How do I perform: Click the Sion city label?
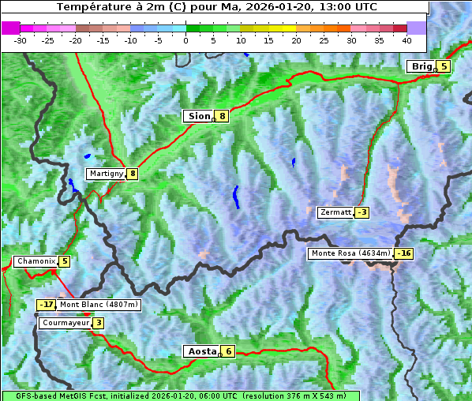(x=199, y=116)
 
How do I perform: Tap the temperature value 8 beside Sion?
(x=223, y=116)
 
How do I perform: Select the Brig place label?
(x=421, y=66)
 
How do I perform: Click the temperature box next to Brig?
(x=444, y=66)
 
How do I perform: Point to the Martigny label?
(x=106, y=174)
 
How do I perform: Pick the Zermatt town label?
(x=335, y=212)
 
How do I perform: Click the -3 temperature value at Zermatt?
(x=361, y=212)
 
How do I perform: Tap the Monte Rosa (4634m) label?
(x=350, y=253)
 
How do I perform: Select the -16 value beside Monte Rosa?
(x=403, y=253)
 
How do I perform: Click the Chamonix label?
(x=36, y=261)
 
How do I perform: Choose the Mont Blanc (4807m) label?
(x=99, y=305)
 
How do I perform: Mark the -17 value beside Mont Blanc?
(x=47, y=305)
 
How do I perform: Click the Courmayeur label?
(x=66, y=323)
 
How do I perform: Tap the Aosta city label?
(x=201, y=351)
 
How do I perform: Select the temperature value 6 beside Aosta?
(x=228, y=351)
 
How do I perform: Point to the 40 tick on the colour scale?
(x=406, y=39)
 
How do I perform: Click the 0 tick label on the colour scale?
(x=185, y=39)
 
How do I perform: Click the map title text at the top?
(x=217, y=7)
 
